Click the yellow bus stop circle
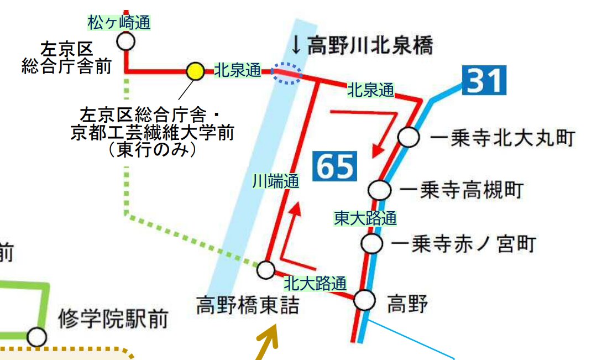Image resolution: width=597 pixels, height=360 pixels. [195, 71]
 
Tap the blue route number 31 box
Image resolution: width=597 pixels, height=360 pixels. [485, 81]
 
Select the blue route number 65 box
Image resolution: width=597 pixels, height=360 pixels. [335, 166]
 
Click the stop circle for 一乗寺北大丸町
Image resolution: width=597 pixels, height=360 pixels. [409, 137]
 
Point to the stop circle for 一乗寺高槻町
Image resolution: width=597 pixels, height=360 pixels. [380, 190]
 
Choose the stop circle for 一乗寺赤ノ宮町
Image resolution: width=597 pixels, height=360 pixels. [371, 243]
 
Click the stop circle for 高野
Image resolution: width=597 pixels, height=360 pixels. [364, 300]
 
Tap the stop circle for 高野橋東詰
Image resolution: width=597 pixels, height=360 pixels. [266, 270]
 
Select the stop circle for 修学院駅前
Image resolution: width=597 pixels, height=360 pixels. [36, 336]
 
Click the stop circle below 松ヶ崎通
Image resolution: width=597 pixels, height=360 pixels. [126, 41]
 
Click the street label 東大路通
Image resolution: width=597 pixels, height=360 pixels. [365, 218]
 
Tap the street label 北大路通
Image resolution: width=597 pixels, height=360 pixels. [315, 284]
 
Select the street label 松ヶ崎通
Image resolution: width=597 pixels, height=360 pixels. [119, 23]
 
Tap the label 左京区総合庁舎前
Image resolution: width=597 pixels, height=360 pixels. [66, 58]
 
